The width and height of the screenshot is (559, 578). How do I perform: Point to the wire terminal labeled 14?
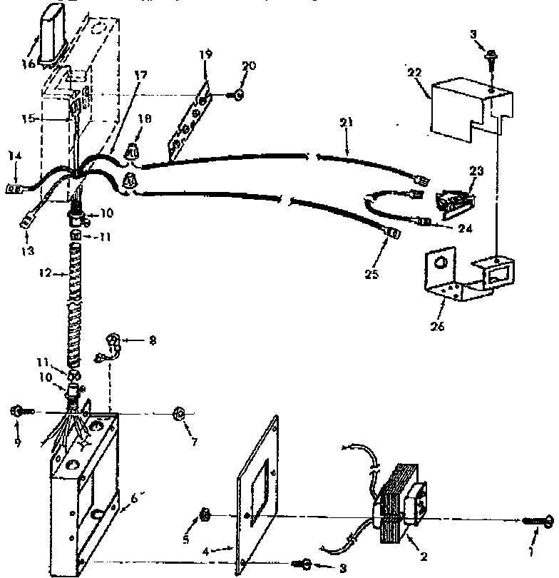pyautogui.click(x=14, y=189)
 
